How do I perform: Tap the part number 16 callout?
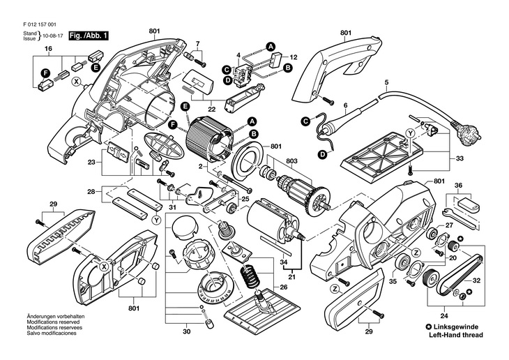[48, 49]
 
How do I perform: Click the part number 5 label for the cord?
[386, 84]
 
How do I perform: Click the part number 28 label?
[91, 191]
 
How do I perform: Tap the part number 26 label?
[284, 286]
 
